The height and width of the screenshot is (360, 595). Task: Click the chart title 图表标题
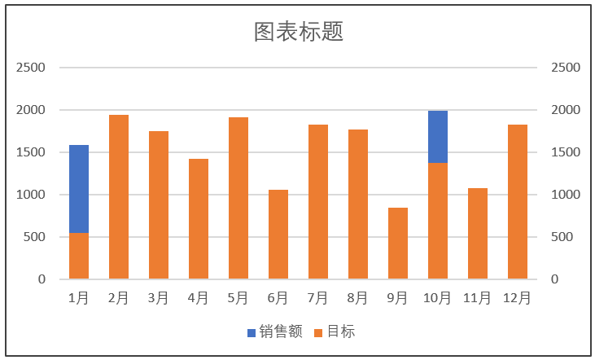[x=298, y=32]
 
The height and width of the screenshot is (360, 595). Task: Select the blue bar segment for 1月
[x=79, y=189]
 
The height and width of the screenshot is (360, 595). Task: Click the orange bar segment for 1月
[x=79, y=256]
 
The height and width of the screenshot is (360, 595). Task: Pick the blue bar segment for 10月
[x=438, y=137]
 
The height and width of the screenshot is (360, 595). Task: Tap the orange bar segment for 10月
[x=438, y=221]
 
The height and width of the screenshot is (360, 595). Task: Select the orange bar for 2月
[x=119, y=197]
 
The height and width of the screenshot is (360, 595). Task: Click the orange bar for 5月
[x=238, y=198]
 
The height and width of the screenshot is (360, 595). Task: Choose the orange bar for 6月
[x=278, y=235]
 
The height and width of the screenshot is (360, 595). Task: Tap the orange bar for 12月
[x=518, y=202]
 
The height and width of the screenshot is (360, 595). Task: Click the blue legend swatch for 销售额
[x=252, y=332]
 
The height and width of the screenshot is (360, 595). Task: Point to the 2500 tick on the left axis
[x=31, y=68]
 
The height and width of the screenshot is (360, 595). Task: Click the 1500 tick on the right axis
[x=566, y=152]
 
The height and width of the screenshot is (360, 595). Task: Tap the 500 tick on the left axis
[x=35, y=237]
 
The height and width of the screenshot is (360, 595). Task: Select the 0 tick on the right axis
[x=555, y=279]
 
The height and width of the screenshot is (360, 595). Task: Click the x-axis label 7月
[x=318, y=298]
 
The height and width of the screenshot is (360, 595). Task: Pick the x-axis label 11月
[x=478, y=298]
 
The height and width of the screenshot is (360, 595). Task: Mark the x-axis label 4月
[x=199, y=298]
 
